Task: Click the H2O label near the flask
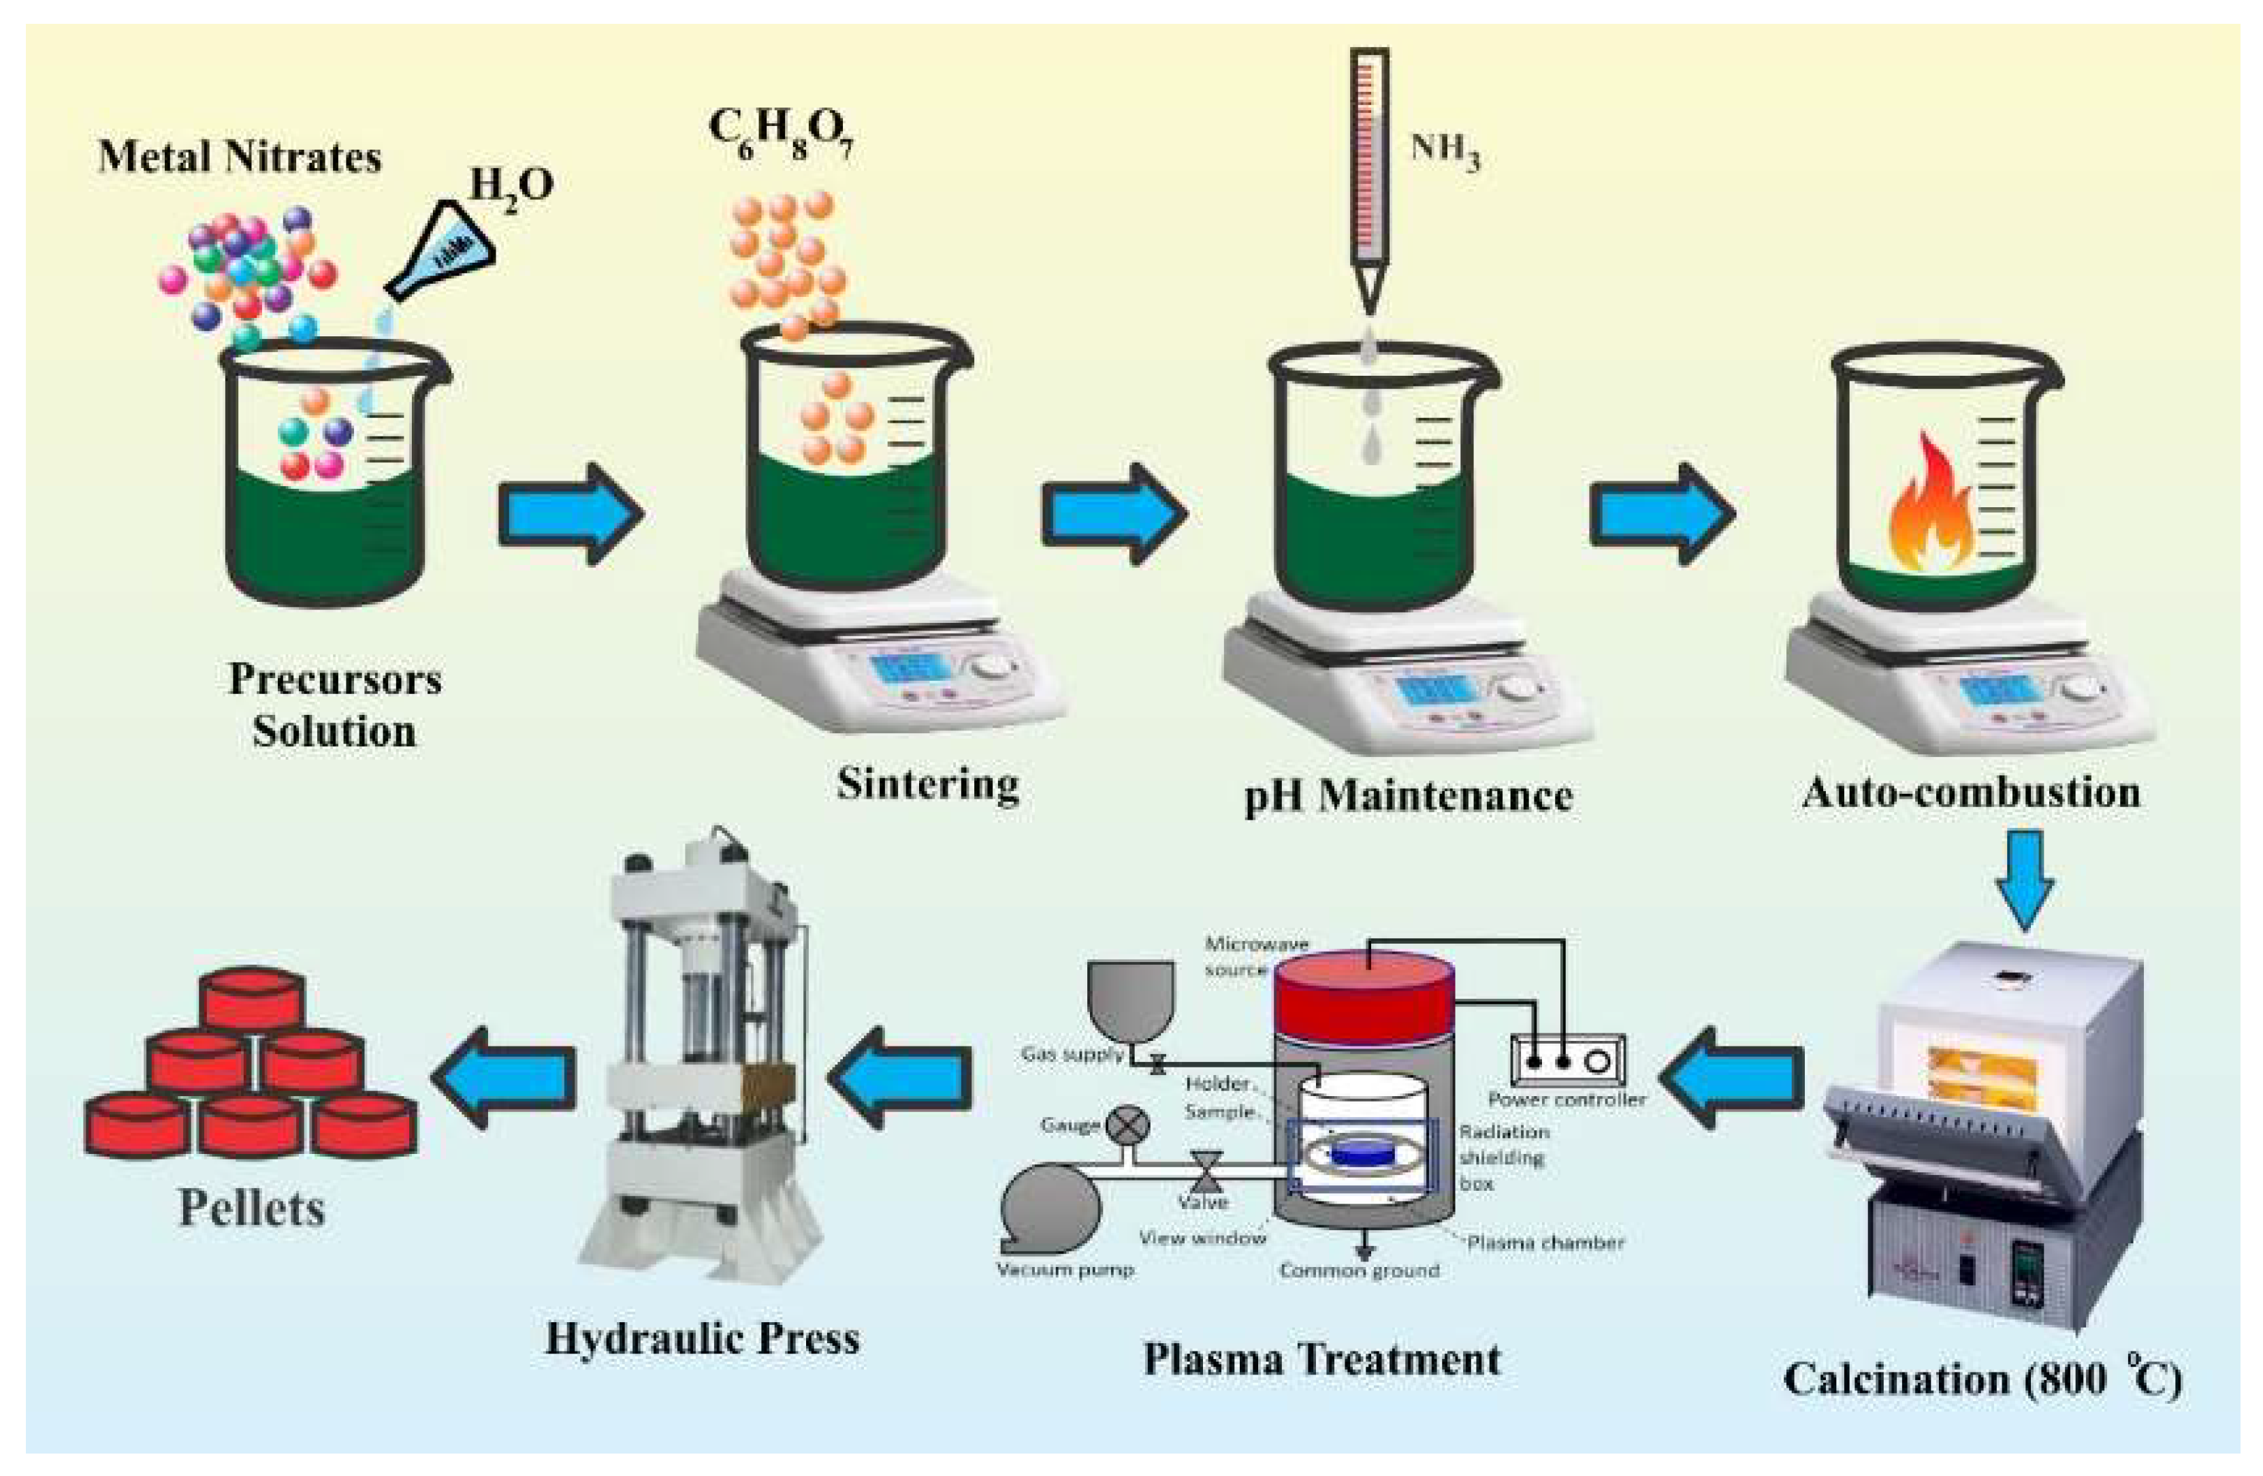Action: [x=511, y=185]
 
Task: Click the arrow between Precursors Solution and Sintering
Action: [x=571, y=513]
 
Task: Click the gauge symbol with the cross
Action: [x=1129, y=1125]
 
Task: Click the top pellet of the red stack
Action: [x=252, y=999]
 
